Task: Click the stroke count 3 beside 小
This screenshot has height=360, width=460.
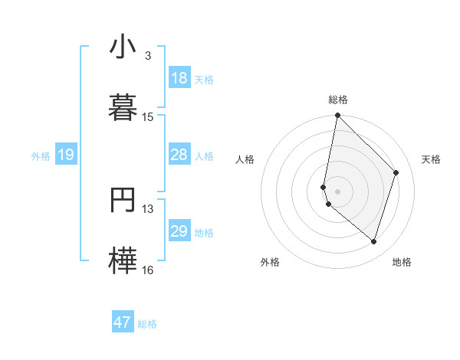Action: coord(147,56)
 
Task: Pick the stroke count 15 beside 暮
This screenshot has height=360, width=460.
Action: coord(147,117)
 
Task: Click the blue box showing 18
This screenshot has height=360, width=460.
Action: coord(179,78)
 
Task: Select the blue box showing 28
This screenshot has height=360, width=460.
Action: coord(179,155)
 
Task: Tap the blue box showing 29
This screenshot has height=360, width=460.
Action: coord(179,231)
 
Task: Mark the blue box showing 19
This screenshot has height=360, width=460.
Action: coord(66,155)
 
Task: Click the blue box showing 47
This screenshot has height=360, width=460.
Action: coord(123,322)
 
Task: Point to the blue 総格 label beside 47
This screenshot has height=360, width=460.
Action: coord(147,324)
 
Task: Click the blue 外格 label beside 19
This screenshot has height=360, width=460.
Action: coord(41,156)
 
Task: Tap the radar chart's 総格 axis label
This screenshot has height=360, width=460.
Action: coord(338,100)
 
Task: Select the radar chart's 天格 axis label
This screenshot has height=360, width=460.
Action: coord(431,159)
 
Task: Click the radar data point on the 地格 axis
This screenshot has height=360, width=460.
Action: coord(373,242)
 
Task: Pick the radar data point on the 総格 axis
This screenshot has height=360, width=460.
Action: coord(337,116)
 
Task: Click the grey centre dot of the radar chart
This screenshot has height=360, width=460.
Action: coord(337,191)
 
